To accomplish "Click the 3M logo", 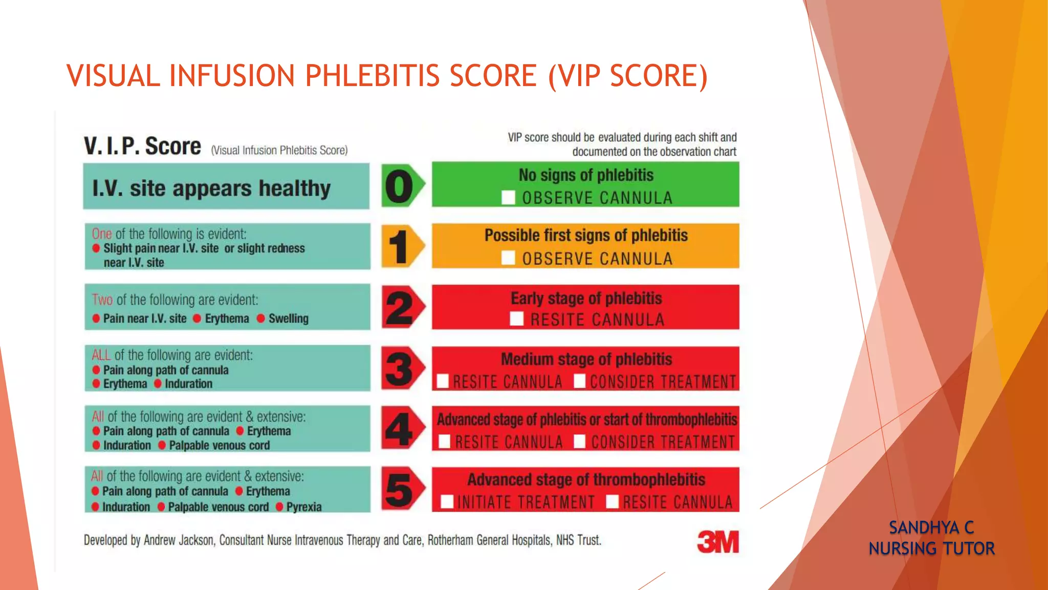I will pyautogui.click(x=718, y=542).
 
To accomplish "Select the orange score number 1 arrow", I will pyautogui.click(x=402, y=247).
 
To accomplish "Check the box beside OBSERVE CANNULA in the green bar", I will pyautogui.click(x=508, y=198).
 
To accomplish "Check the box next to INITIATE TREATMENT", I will pyautogui.click(x=447, y=502).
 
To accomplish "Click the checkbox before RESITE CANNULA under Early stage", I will pyautogui.click(x=517, y=320).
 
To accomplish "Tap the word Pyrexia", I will pyautogui.click(x=304, y=507).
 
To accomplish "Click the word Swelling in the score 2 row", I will pyautogui.click(x=289, y=319).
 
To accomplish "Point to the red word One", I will pyautogui.click(x=102, y=234).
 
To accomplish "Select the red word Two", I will pyautogui.click(x=102, y=300).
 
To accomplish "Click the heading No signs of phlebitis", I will pyautogui.click(x=586, y=175).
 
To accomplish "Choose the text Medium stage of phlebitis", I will pyautogui.click(x=586, y=360).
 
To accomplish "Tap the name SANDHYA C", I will pyautogui.click(x=931, y=528).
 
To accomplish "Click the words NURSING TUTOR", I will pyautogui.click(x=931, y=549).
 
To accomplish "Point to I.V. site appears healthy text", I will pyautogui.click(x=211, y=188).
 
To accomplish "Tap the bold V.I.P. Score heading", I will pyautogui.click(x=143, y=146).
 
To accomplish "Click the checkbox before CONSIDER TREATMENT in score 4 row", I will pyautogui.click(x=579, y=441).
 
